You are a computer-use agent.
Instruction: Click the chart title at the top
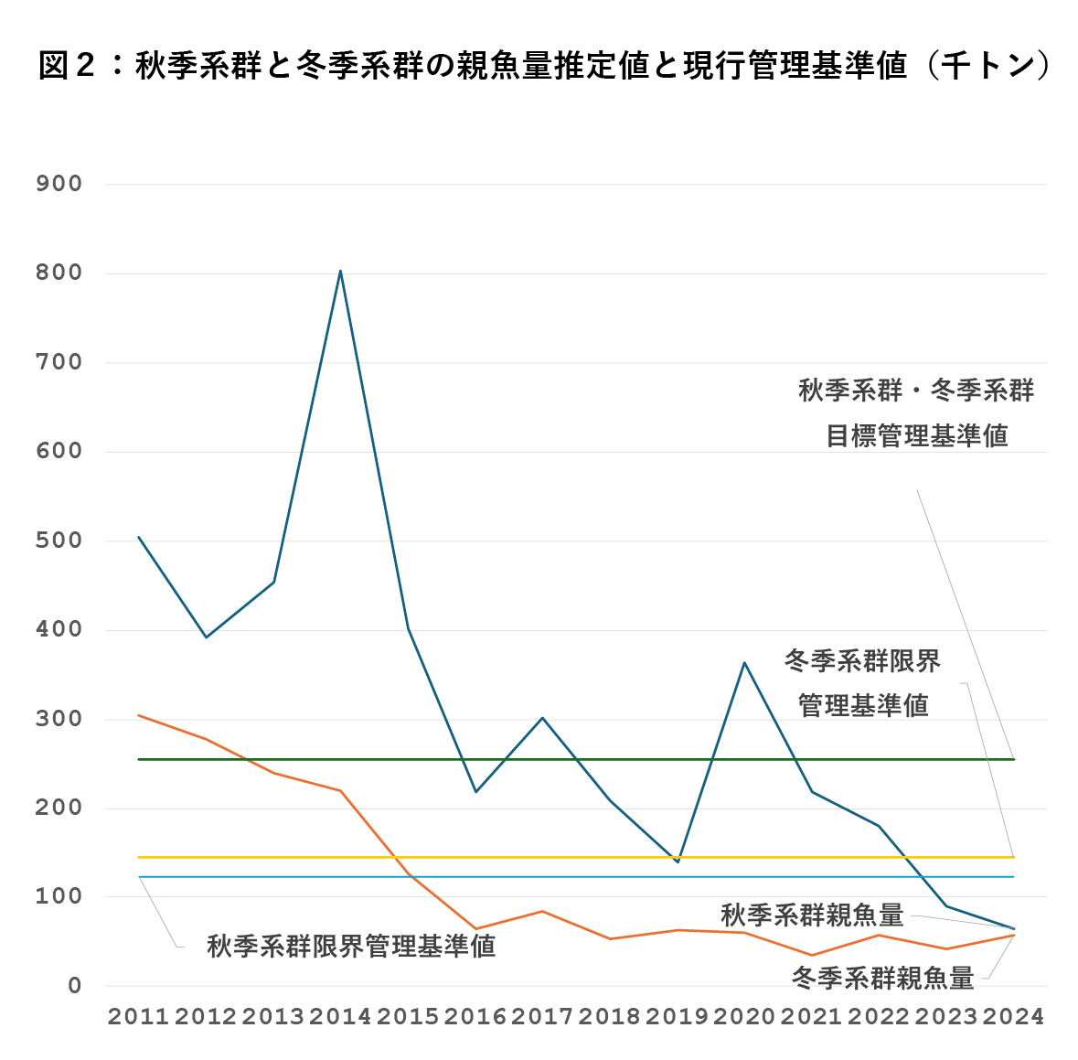(x=543, y=66)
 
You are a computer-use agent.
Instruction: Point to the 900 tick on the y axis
(x=59, y=184)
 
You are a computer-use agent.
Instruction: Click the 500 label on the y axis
(x=59, y=541)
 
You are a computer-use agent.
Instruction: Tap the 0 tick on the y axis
(x=74, y=986)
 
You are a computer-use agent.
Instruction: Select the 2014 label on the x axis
(x=340, y=1016)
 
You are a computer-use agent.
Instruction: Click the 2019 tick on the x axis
(x=677, y=1016)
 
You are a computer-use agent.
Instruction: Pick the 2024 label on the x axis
(x=1013, y=1016)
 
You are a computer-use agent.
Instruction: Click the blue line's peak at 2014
(x=340, y=271)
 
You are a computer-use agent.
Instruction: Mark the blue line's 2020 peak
(x=744, y=662)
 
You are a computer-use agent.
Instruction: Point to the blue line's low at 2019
(x=677, y=862)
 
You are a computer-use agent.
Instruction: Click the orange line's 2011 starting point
(x=139, y=715)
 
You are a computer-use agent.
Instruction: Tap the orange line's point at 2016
(x=475, y=928)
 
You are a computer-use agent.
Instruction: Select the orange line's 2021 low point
(x=812, y=955)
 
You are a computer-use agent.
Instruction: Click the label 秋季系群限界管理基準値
(x=351, y=946)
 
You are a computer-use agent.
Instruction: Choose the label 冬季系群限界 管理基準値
(x=862, y=683)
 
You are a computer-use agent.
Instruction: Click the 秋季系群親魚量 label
(x=812, y=915)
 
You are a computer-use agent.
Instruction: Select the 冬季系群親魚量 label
(x=882, y=978)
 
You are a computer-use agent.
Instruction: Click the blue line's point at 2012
(x=207, y=637)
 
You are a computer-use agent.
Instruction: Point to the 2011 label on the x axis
(x=139, y=1016)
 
